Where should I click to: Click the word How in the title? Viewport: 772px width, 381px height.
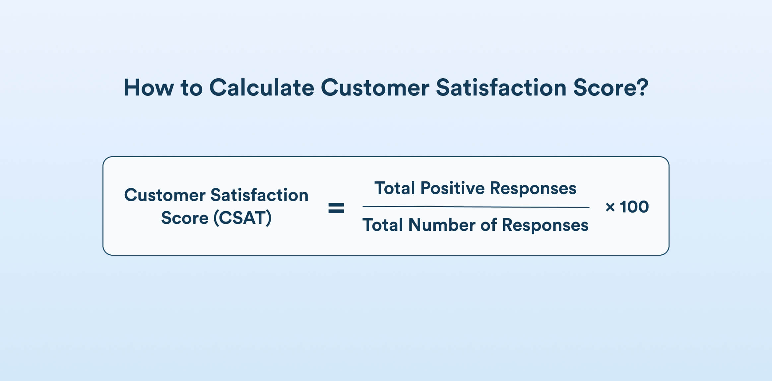pyautogui.click(x=149, y=88)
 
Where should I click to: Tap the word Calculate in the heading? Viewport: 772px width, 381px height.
pyautogui.click(x=261, y=88)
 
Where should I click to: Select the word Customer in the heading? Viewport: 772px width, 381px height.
pyautogui.click(x=375, y=88)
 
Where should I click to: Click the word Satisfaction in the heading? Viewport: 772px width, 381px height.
pyautogui.click(x=501, y=88)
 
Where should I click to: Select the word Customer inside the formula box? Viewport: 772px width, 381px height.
pyautogui.click(x=165, y=195)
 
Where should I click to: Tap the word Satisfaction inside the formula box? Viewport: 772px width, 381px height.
pyautogui.click(x=259, y=195)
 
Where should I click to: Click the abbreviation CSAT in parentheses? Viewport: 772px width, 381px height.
pyautogui.click(x=243, y=218)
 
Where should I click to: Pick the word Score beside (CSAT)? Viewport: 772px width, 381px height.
pyautogui.click(x=185, y=218)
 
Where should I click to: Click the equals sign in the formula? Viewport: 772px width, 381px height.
pyautogui.click(x=336, y=208)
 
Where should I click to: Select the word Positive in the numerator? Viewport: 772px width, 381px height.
pyautogui.click(x=452, y=188)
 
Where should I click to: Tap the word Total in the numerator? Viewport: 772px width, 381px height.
pyautogui.click(x=395, y=188)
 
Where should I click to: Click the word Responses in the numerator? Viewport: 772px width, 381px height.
pyautogui.click(x=533, y=189)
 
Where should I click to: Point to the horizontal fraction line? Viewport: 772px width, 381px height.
pyautogui.click(x=476, y=207)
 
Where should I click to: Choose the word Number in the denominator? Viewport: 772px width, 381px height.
pyautogui.click(x=442, y=225)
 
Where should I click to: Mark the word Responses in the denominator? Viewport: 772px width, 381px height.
pyautogui.click(x=545, y=225)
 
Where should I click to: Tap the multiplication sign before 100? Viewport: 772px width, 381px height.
pyautogui.click(x=610, y=207)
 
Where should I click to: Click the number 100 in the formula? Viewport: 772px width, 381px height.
pyautogui.click(x=634, y=207)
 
